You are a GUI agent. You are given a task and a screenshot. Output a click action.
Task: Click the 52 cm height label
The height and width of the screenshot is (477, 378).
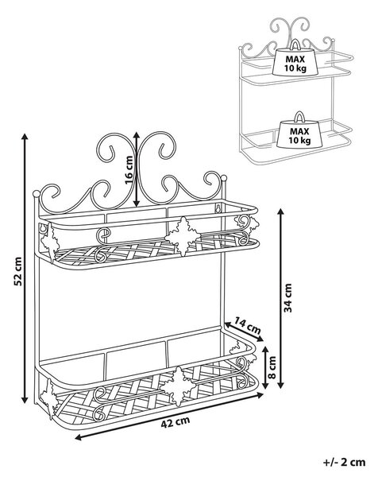[18, 271]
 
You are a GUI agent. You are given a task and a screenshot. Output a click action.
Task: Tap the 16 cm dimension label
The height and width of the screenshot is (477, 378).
[129, 170]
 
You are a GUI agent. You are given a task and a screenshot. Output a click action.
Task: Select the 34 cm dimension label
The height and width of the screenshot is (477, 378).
[287, 298]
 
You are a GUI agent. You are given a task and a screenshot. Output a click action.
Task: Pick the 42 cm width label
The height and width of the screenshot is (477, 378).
[175, 422]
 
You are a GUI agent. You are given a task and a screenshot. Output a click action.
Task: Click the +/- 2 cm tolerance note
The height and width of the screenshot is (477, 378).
[344, 462]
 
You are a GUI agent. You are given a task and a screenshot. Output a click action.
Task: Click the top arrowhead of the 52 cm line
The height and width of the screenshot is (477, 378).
[25, 137]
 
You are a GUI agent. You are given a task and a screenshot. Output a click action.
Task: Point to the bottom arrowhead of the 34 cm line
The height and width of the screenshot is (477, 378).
[281, 384]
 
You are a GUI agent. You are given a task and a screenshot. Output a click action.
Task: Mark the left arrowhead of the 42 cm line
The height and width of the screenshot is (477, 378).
[79, 437]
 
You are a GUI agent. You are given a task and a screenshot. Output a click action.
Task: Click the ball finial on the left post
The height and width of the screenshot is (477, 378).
[37, 193]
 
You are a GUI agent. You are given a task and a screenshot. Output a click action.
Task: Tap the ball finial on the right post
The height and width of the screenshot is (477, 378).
[224, 177]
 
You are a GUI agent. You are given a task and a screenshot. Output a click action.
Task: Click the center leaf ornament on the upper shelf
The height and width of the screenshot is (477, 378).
[183, 236]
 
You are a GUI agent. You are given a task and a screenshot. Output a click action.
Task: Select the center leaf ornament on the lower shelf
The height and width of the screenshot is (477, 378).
[178, 386]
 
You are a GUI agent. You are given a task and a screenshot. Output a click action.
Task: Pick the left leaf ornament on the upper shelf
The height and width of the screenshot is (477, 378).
[50, 242]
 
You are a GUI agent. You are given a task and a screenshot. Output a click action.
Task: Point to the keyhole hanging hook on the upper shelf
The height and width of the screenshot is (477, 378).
[218, 208]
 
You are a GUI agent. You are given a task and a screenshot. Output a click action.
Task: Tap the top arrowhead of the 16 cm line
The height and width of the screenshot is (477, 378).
[137, 135]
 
